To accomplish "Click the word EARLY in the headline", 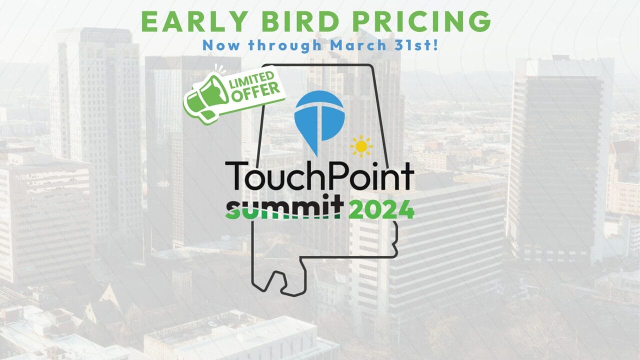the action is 194,21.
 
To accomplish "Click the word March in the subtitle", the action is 358,45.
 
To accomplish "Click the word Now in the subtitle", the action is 221,45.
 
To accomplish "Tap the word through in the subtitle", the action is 285,46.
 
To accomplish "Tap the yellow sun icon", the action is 361,146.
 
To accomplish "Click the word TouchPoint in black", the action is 319,175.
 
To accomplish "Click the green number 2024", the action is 381,209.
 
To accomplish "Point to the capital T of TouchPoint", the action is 236,175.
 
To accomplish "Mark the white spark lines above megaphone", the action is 220,68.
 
